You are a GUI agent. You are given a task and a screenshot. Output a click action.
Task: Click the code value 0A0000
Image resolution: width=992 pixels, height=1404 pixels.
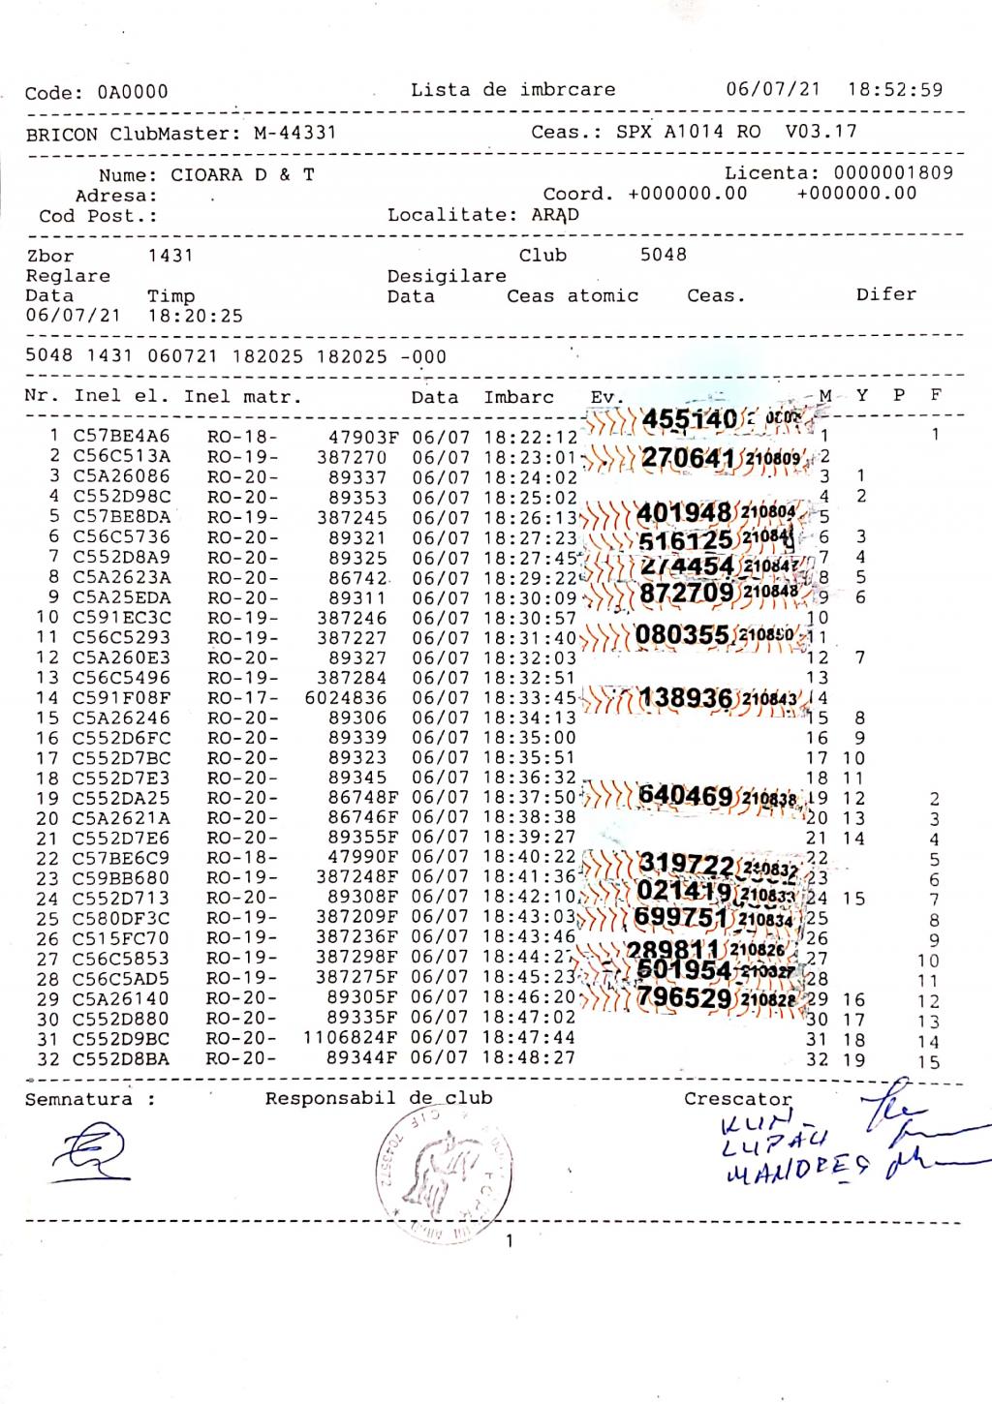click(132, 93)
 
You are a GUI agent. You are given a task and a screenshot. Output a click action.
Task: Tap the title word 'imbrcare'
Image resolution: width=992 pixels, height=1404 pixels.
click(567, 90)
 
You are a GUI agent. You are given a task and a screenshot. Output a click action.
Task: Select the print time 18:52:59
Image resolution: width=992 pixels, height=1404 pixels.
click(894, 89)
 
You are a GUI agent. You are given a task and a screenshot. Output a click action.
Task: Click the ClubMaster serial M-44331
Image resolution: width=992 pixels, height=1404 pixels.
click(294, 134)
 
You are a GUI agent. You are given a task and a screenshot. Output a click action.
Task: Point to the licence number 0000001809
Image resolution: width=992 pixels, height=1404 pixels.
click(893, 173)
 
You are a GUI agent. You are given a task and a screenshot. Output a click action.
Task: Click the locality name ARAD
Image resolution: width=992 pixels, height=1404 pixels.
click(554, 215)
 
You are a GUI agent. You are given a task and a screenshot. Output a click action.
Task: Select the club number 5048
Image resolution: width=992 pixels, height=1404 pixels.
click(663, 255)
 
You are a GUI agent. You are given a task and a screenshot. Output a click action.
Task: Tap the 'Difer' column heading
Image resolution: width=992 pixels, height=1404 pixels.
click(885, 294)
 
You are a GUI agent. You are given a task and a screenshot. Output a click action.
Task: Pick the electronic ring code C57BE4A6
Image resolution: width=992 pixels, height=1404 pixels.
click(121, 437)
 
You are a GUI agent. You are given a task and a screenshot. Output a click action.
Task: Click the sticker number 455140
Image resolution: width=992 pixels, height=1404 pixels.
click(689, 419)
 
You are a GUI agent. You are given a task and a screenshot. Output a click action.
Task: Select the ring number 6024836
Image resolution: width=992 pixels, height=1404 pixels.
click(345, 698)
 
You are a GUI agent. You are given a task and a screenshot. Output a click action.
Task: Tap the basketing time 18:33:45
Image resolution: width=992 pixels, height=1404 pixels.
click(530, 698)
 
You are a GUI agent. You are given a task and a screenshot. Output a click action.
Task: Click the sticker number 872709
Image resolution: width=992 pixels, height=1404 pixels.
click(687, 592)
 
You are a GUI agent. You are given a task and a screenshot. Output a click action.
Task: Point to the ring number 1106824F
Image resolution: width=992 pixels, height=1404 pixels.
click(350, 1038)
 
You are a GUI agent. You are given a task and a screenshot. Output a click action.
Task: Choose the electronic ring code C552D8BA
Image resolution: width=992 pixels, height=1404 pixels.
click(121, 1058)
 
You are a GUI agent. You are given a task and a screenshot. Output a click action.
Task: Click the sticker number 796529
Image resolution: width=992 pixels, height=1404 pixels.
click(683, 997)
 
